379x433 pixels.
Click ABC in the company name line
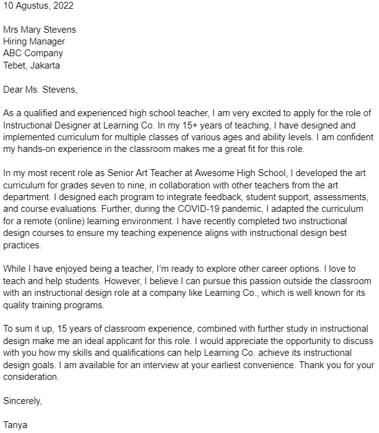point(13,53)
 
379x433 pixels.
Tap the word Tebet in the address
point(15,65)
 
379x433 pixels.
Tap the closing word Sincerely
point(22,401)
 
